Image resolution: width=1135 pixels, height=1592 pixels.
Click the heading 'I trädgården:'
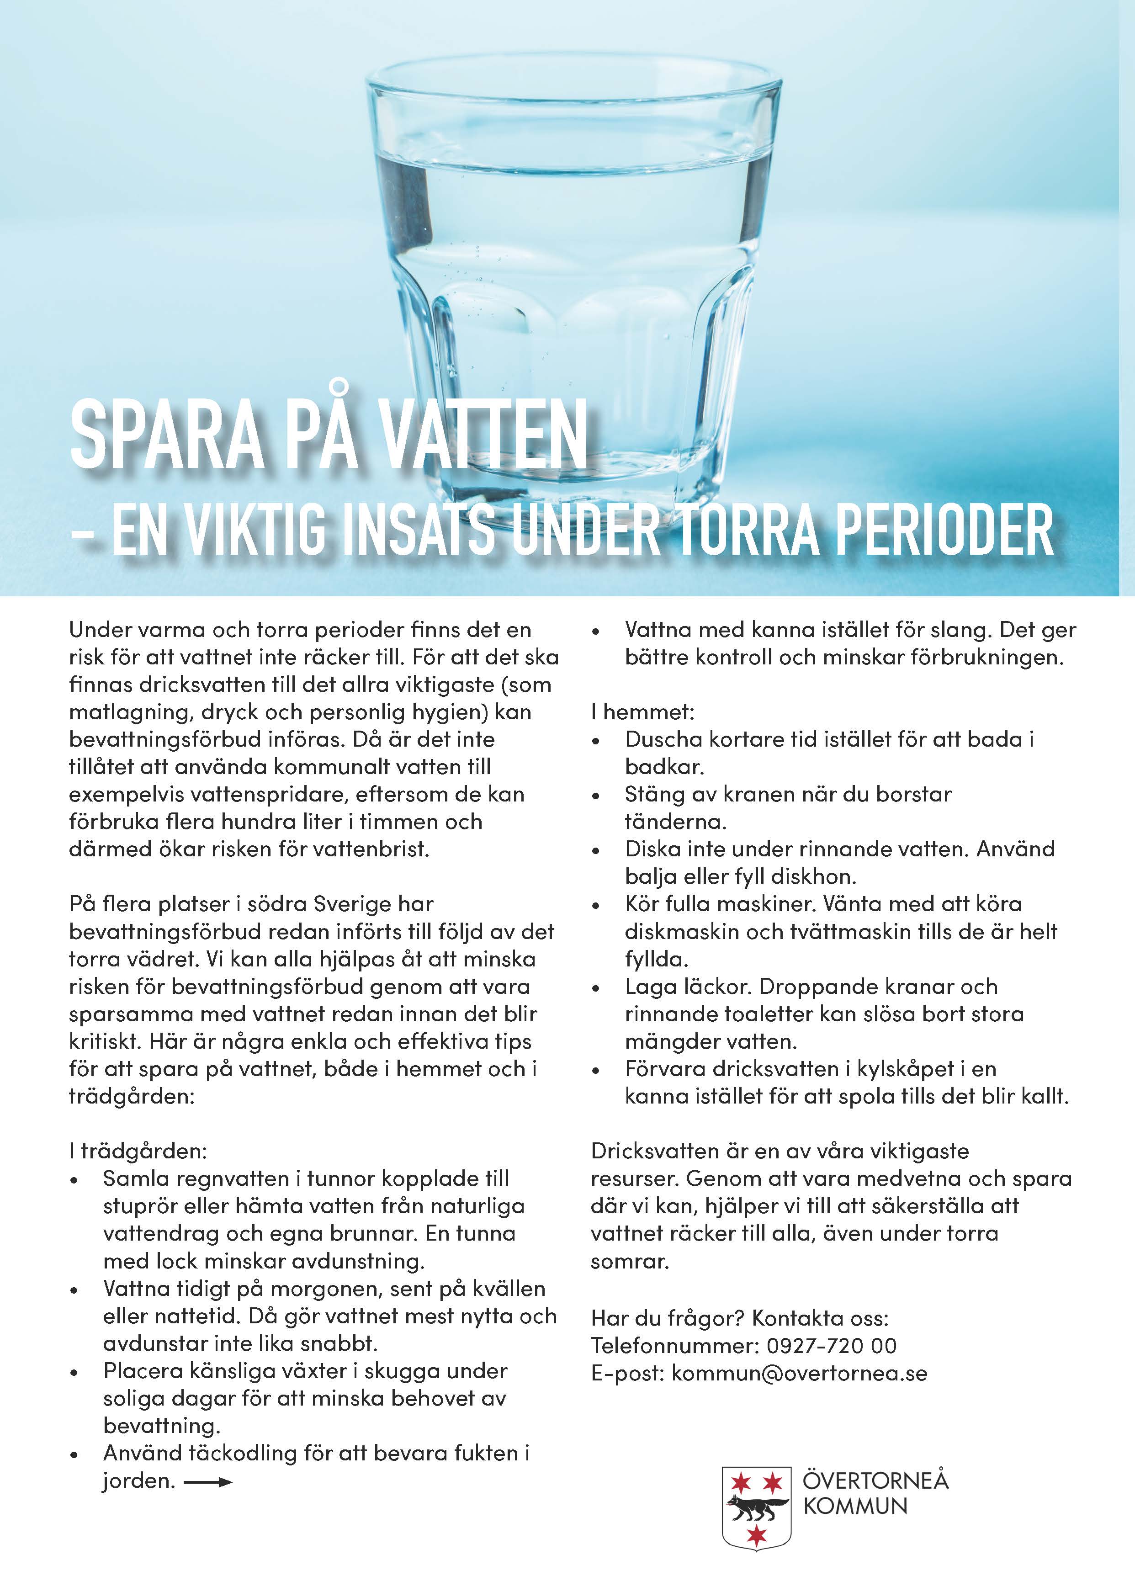[138, 1150]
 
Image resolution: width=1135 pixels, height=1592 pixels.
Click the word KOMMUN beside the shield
[855, 1506]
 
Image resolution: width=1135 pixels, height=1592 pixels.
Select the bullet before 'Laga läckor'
[595, 989]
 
